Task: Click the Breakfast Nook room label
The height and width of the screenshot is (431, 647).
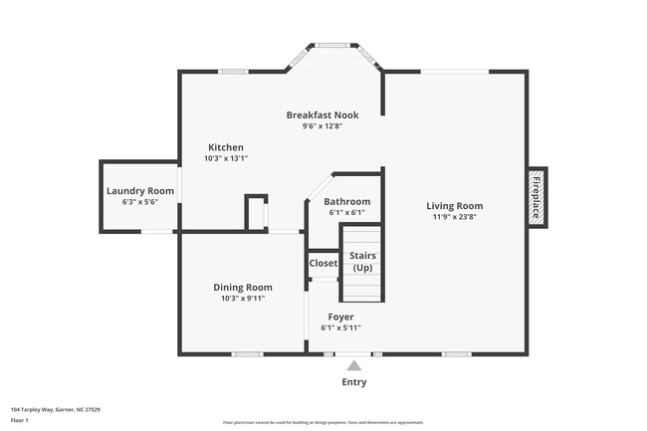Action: point(323,115)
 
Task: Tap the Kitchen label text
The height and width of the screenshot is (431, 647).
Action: point(225,147)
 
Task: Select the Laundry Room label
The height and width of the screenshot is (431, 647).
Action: point(139,190)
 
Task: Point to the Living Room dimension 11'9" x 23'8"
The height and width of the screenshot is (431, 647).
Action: point(454,216)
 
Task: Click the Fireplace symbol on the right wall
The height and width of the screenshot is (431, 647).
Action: point(536,195)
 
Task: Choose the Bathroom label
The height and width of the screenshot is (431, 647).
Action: point(347,201)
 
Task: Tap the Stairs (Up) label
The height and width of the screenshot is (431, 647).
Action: point(361,262)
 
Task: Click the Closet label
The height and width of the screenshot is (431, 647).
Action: point(323,264)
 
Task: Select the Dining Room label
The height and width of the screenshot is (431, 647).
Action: point(243,287)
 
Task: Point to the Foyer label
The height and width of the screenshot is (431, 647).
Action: point(340,317)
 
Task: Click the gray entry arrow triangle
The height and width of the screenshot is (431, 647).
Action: point(354,365)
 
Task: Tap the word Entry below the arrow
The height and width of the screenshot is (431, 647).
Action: point(354,382)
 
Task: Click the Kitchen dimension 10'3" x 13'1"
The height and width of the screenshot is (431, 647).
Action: point(225,158)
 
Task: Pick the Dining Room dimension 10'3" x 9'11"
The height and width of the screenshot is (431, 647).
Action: point(243,298)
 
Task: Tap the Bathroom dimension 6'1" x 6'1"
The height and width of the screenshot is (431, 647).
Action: point(347,212)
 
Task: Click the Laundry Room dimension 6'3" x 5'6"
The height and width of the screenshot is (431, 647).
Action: point(139,202)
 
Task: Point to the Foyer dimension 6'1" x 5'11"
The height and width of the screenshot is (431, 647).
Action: point(340,327)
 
